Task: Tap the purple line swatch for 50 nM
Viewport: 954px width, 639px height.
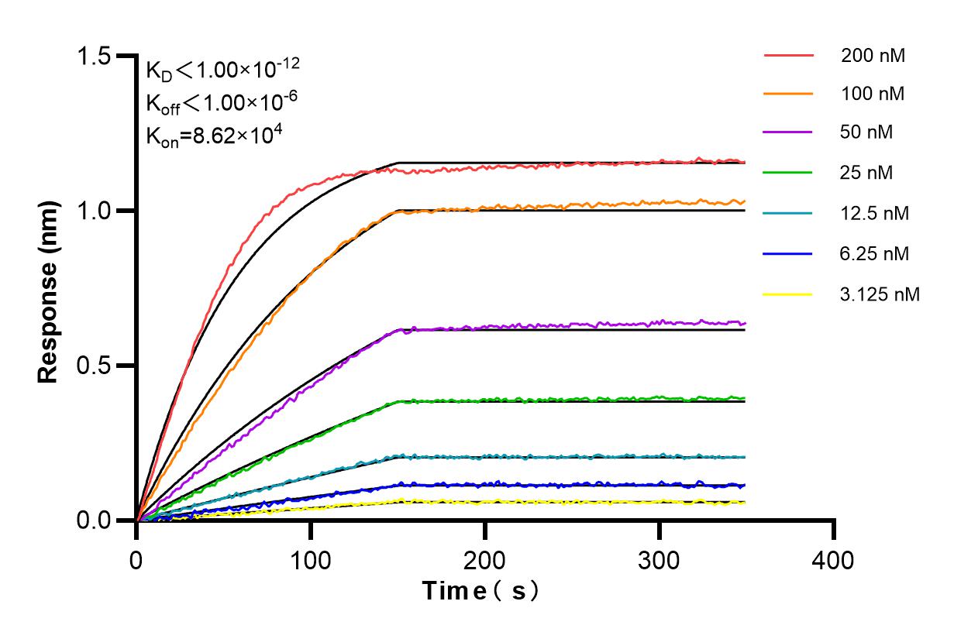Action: click(x=788, y=132)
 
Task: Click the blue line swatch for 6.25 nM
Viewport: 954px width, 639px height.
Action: click(x=788, y=253)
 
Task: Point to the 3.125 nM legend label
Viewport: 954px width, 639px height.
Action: click(x=880, y=294)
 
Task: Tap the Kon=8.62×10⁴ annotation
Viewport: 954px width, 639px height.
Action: click(x=214, y=135)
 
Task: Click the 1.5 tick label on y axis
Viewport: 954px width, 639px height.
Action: click(x=95, y=57)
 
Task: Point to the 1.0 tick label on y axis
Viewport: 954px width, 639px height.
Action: click(x=95, y=211)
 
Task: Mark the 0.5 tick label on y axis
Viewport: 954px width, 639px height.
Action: click(x=95, y=366)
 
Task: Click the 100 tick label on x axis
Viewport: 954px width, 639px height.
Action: click(x=311, y=558)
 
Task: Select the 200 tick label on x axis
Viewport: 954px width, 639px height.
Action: click(x=485, y=558)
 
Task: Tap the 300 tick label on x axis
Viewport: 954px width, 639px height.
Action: click(x=660, y=558)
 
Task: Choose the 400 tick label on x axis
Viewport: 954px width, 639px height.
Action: click(x=834, y=558)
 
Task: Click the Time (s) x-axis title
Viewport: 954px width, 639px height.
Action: click(x=480, y=591)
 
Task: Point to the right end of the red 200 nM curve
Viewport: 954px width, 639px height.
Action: click(x=745, y=162)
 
